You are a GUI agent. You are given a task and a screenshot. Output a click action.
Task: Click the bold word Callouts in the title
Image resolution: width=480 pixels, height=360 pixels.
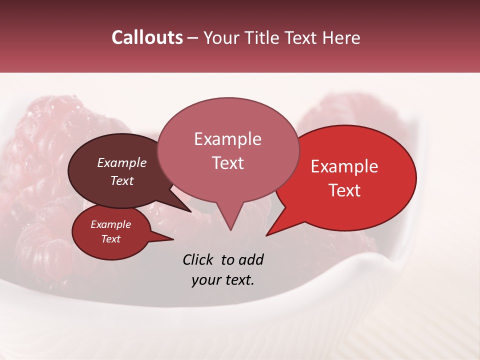click(x=147, y=37)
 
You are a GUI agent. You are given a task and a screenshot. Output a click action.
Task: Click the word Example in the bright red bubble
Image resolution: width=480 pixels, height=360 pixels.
click(x=344, y=167)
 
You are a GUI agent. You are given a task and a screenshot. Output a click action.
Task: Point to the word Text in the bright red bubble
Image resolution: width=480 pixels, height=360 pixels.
click(x=344, y=190)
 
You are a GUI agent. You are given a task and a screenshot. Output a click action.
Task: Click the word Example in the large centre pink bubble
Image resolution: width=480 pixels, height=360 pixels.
click(x=227, y=139)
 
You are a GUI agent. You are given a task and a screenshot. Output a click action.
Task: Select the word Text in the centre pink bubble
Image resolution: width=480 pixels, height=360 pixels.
click(x=227, y=163)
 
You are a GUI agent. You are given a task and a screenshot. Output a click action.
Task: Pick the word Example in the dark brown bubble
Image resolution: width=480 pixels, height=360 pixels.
click(x=121, y=163)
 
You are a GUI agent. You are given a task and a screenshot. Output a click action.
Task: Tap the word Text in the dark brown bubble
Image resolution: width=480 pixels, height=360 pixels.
click(x=121, y=181)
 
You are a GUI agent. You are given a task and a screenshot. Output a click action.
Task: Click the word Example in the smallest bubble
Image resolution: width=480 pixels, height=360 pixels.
click(x=110, y=225)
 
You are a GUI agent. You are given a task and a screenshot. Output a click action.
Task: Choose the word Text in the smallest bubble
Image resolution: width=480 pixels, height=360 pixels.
click(x=110, y=239)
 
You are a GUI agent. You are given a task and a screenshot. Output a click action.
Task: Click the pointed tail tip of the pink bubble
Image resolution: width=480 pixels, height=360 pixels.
click(x=230, y=230)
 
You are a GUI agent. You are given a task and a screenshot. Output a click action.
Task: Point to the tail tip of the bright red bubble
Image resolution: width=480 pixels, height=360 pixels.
click(x=266, y=235)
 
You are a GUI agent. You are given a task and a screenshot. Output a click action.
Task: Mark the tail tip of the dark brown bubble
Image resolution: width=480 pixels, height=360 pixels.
click(x=191, y=211)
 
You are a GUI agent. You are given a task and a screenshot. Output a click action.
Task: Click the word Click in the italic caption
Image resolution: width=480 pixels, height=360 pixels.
click(x=198, y=260)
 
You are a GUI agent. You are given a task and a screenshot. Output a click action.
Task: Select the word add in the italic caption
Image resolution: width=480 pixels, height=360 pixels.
click(x=251, y=260)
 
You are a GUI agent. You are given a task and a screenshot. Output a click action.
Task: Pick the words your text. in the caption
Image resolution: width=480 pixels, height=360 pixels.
click(x=223, y=280)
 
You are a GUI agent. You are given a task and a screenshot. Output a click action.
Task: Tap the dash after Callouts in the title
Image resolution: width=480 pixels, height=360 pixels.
click(x=193, y=37)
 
